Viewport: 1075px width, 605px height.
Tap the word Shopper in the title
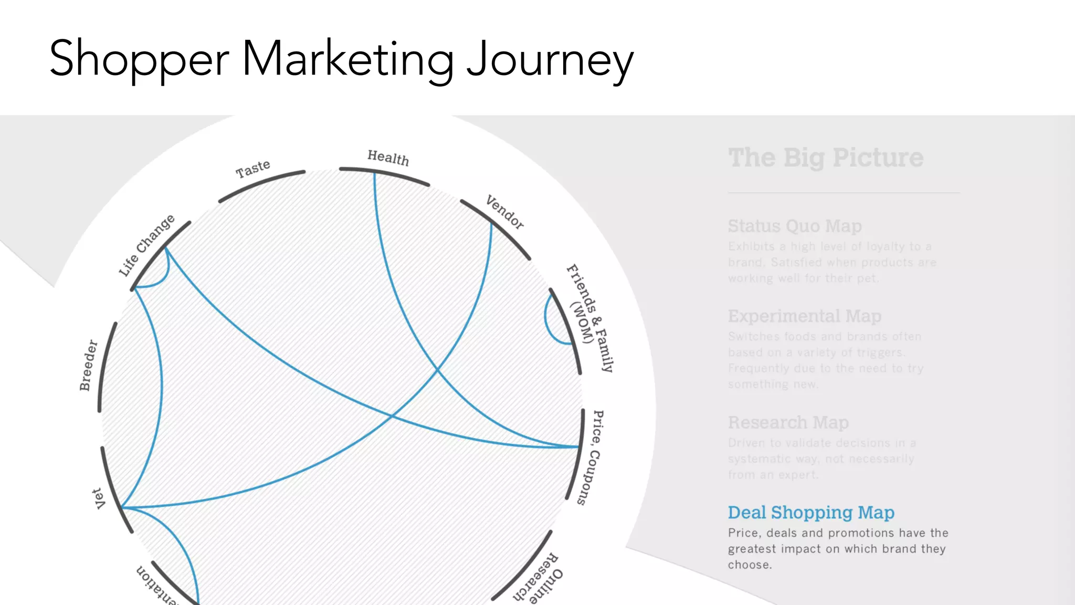click(x=139, y=59)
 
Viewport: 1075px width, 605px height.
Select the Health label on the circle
click(x=388, y=158)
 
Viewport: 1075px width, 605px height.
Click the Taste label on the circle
click(x=253, y=169)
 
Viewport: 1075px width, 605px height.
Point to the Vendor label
click(x=504, y=212)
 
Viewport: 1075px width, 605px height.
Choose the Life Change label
click(x=146, y=245)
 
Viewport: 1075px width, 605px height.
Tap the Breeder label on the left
click(x=88, y=365)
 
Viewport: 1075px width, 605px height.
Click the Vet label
click(x=99, y=498)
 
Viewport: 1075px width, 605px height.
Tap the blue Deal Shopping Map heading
click(x=811, y=512)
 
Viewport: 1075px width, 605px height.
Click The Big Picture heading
click(x=826, y=158)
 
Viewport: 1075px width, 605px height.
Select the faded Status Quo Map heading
click(x=795, y=226)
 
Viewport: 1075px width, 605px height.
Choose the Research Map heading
click(x=788, y=422)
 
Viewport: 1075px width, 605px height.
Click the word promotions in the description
click(x=860, y=533)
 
